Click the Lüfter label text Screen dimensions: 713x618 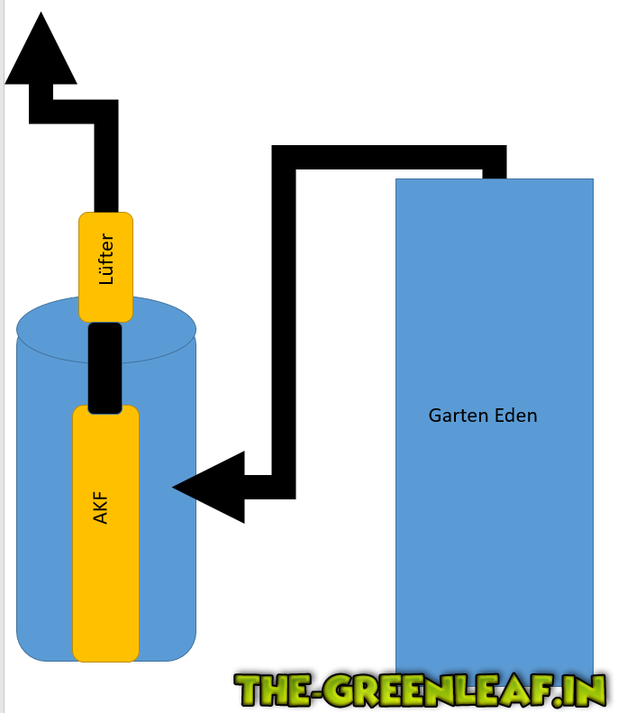[106, 260]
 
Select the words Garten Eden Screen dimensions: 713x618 [483, 416]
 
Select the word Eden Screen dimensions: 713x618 [514, 416]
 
